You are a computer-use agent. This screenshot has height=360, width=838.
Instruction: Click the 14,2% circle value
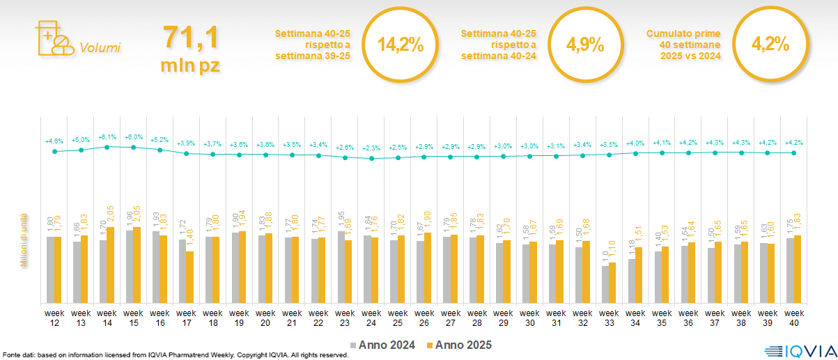point(401,45)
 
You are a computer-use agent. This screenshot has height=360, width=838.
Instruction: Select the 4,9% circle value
point(585,45)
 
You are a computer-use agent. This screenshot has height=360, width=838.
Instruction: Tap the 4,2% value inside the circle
point(770,45)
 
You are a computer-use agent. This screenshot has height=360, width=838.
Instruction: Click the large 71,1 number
point(190,38)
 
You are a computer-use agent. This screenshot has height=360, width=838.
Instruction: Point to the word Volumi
point(100,48)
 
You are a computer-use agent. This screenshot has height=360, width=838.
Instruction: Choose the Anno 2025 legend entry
point(460,345)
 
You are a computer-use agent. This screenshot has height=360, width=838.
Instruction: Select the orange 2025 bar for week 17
point(190,276)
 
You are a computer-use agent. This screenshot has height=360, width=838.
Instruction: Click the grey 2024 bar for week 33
point(605,284)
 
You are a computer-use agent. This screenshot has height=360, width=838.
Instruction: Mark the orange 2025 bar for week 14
point(111,265)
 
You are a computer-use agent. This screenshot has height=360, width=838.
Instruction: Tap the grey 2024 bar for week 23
point(341,267)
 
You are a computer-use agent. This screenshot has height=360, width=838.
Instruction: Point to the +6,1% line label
point(107,137)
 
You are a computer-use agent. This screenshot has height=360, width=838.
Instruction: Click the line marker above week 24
point(372,158)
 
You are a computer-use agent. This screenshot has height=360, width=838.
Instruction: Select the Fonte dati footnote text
point(174,355)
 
